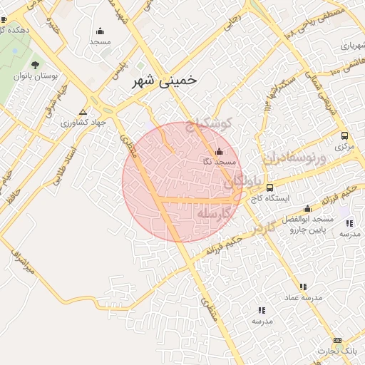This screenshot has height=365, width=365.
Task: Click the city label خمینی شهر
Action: pos(164,82)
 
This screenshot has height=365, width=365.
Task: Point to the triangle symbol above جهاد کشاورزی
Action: pos(83,112)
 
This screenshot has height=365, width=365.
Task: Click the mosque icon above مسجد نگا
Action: pos(218,151)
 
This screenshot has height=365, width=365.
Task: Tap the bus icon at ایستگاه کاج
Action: pos(269,188)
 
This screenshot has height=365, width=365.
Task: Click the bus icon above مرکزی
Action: pos(345,135)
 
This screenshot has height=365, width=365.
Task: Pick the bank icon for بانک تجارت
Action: pos(336,341)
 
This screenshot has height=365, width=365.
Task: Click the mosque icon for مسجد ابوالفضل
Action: pos(307,209)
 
